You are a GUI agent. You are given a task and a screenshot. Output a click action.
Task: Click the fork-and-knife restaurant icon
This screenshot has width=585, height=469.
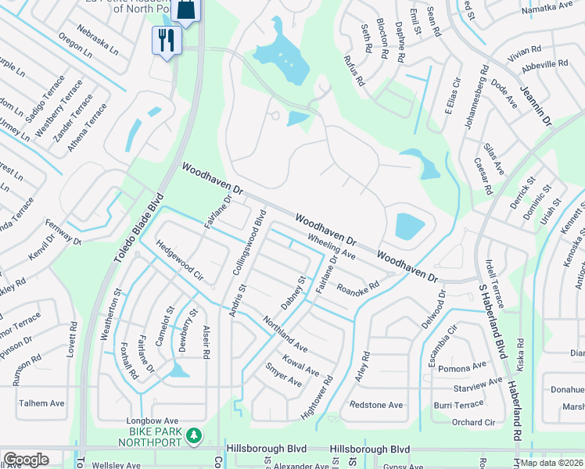point(166,40)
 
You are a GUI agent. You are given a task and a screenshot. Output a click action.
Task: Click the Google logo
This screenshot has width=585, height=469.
point(26,460)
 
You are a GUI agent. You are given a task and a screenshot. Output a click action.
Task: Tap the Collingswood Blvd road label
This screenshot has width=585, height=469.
point(249,242)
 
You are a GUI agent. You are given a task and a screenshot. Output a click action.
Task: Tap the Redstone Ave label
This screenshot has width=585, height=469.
point(376,405)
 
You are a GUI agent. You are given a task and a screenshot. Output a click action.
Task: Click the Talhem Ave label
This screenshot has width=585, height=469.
point(41,403)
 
